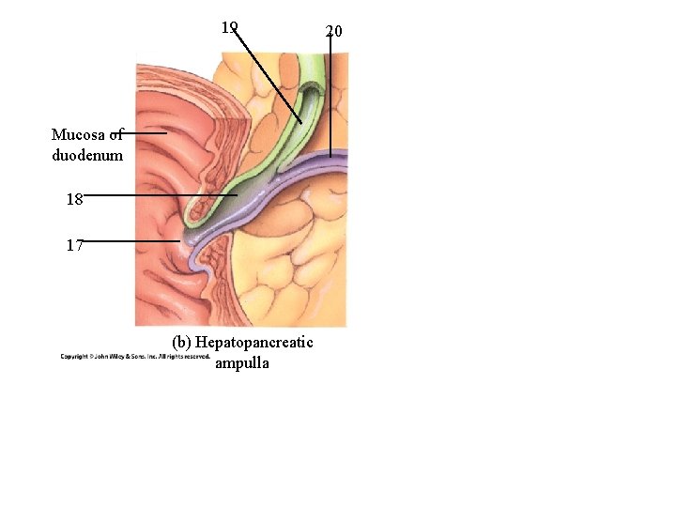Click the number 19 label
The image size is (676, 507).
tap(230, 27)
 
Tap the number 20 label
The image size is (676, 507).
tap(333, 32)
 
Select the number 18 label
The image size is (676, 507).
tap(74, 199)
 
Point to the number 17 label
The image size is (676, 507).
tap(75, 245)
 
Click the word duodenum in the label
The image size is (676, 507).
tap(87, 155)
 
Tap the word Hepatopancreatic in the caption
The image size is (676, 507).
tap(254, 343)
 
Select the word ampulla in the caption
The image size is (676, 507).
tap(241, 362)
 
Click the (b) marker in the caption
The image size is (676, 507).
tap(183, 343)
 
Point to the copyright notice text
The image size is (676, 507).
tap(135, 357)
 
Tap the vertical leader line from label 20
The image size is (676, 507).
tap(330, 94)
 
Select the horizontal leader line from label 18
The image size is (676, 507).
tap(160, 195)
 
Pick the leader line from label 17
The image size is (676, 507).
tap(131, 241)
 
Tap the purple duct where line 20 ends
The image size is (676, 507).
tap(330, 155)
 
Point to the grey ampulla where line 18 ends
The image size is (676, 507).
tap(235, 195)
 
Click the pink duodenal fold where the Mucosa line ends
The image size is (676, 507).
tap(169, 133)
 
